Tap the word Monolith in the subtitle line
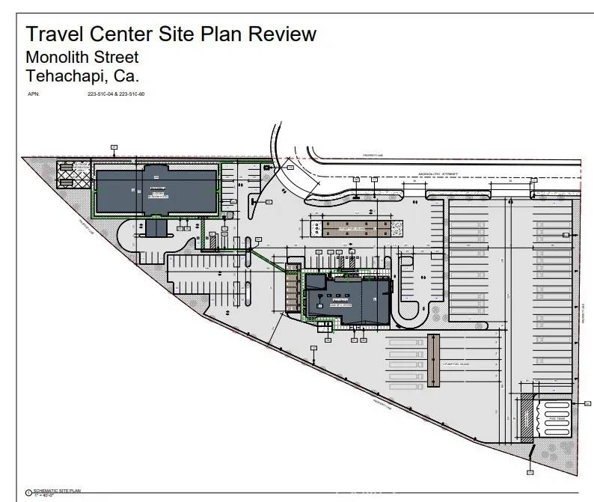pos(58,57)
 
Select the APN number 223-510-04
pos(99,94)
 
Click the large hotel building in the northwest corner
pos(156,189)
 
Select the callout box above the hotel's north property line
pos(114,146)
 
